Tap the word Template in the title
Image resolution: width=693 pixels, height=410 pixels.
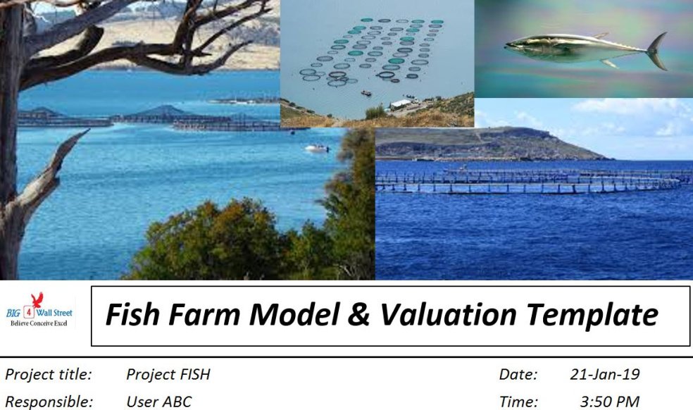[594, 315]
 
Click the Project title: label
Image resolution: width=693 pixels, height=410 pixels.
[48, 375]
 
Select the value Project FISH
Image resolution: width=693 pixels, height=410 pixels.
[168, 375]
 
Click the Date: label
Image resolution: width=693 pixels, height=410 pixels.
[518, 375]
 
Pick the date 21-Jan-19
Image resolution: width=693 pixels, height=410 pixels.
[604, 375]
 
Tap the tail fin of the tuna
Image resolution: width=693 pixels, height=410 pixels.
[657, 51]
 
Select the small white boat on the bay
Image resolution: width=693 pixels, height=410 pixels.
[317, 148]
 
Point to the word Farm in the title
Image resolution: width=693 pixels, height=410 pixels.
[204, 315]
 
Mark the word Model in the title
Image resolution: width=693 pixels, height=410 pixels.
[294, 315]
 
